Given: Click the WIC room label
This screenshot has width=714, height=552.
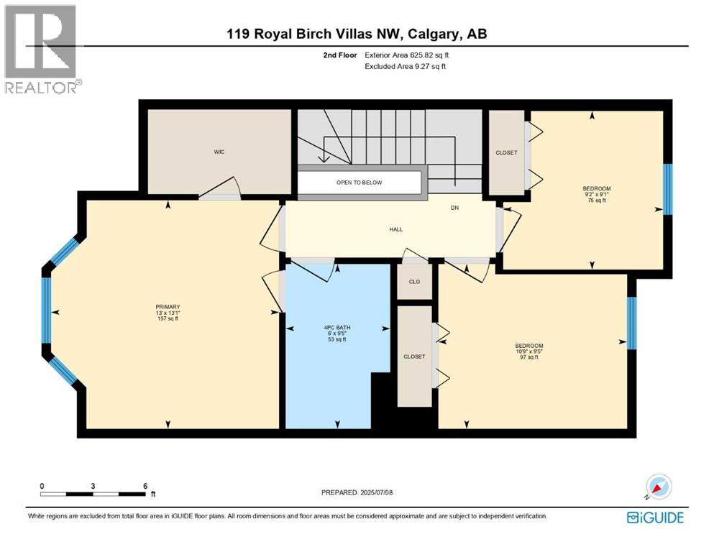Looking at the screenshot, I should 219,152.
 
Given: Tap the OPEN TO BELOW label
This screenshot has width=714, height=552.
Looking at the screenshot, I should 360,183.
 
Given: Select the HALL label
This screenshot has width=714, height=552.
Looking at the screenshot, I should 395,229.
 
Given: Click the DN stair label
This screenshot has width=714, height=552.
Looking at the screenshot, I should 454,208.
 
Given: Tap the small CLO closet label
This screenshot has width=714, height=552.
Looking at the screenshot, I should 414,282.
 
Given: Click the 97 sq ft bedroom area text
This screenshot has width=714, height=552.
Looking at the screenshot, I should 528,357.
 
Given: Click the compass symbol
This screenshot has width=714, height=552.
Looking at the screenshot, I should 659,487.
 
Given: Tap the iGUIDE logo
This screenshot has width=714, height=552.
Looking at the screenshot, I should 655,517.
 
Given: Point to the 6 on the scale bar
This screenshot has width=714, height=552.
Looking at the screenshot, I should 145,486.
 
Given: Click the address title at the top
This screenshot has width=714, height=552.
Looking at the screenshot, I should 357,34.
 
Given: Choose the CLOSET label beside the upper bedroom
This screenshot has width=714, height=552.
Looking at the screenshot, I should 506,153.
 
